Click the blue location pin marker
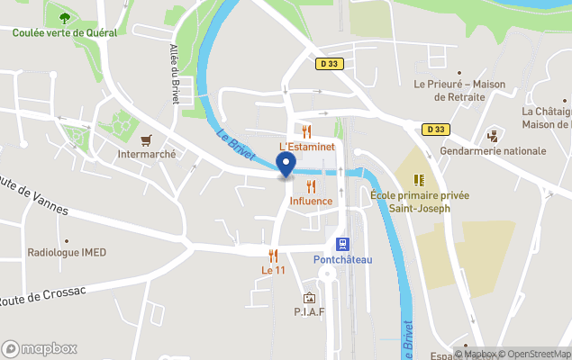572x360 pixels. click(x=286, y=165)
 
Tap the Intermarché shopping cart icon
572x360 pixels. click(x=147, y=139)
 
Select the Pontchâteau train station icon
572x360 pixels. click(x=342, y=244)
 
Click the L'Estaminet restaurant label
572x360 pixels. click(x=306, y=146)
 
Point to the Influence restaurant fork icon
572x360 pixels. click(x=311, y=187)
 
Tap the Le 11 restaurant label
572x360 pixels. click(x=273, y=270)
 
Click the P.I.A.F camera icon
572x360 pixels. click(x=309, y=298)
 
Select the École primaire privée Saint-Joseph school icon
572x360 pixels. click(x=419, y=180)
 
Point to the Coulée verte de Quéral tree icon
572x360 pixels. click(x=63, y=17)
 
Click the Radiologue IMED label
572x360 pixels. click(x=68, y=253)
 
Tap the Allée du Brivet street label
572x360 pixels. click(x=174, y=73)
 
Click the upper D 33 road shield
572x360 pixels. click(x=329, y=64)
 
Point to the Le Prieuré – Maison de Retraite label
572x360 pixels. click(x=459, y=90)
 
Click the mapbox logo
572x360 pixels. click(x=40, y=348)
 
